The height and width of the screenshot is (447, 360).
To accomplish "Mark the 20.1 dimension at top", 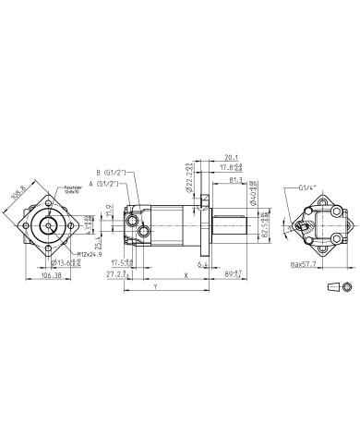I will [x=231, y=157].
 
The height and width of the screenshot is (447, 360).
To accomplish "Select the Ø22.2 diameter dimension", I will [x=189, y=173].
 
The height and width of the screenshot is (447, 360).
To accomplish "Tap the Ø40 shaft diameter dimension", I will [x=252, y=193].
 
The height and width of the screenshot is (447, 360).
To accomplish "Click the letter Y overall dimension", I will [x=155, y=287].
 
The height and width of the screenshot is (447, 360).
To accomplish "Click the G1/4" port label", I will [x=294, y=187].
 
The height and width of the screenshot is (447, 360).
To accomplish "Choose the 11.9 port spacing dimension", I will [x=111, y=210].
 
